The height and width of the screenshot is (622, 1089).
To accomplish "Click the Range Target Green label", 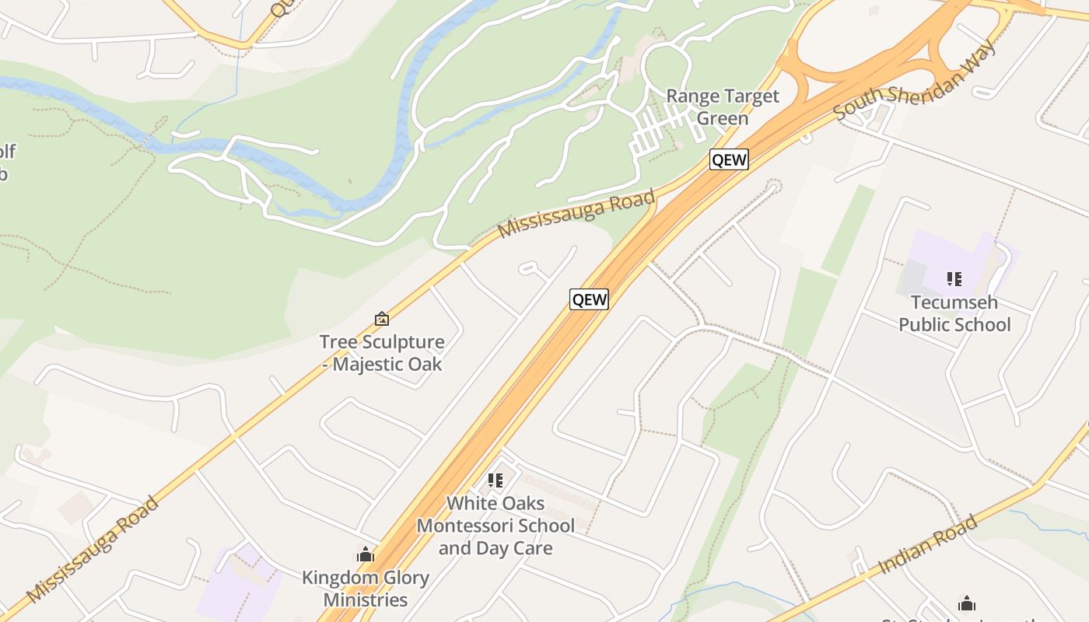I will tap(723, 107).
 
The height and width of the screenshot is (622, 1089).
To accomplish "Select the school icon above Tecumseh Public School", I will tap(954, 278).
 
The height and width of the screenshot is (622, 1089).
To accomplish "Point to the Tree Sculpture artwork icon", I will tap(382, 319).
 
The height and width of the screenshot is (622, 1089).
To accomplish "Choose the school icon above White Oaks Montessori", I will tap(495, 480).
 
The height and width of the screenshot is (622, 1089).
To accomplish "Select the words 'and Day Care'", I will tap(495, 548).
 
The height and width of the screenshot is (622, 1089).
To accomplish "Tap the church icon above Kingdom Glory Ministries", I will tap(366, 555).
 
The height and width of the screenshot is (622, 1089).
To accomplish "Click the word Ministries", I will tap(366, 600).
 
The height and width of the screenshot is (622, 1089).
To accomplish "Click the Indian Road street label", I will tap(927, 545).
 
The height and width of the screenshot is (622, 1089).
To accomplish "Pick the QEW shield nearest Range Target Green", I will tap(729, 160).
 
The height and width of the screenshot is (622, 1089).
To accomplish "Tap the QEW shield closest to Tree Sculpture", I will tap(589, 299).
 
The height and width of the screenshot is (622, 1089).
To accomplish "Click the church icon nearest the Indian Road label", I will tap(967, 603).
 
